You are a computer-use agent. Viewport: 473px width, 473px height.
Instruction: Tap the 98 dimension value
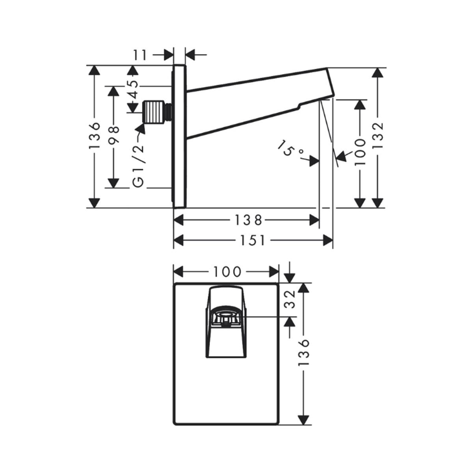coord(114,134)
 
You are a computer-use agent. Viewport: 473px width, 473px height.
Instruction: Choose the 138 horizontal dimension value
coord(248,220)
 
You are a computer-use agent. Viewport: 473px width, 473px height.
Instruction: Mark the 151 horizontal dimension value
coord(252,240)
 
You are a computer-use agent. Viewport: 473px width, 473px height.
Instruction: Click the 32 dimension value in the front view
coord(291,299)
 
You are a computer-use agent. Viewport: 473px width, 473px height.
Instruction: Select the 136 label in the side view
coord(95,136)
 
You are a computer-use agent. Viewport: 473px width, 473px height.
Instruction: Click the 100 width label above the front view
coord(227,272)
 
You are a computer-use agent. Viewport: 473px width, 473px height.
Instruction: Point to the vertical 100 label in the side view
coord(360,151)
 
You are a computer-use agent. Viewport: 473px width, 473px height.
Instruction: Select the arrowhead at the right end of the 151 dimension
coord(328,240)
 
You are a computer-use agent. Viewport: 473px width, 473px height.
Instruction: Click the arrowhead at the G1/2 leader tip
coord(140,128)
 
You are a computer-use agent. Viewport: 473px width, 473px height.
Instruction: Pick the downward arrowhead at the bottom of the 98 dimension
coord(114,183)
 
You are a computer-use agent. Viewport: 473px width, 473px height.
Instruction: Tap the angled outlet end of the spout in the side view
coord(330,83)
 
